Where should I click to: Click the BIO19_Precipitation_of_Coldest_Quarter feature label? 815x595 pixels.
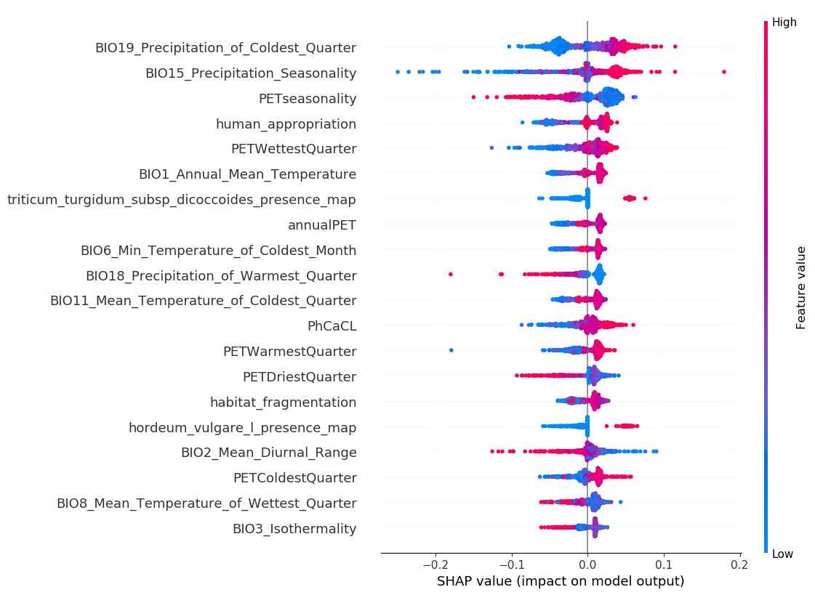[x=225, y=48]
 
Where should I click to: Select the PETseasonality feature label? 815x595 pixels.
[x=308, y=99]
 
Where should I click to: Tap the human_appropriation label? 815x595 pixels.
[x=286, y=124]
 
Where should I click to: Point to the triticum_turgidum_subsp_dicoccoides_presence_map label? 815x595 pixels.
[x=182, y=200]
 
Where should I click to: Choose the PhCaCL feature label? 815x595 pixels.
[x=332, y=326]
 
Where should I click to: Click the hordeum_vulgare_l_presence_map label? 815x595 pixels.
[x=242, y=427]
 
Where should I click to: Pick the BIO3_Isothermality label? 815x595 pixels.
[x=294, y=528]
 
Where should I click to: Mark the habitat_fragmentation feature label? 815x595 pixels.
[x=283, y=402]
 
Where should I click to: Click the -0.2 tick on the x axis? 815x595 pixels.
[x=435, y=564]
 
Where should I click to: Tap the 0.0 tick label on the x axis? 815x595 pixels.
[x=587, y=564]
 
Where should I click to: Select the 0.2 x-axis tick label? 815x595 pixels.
[x=739, y=564]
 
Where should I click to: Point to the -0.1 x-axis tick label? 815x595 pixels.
[x=511, y=564]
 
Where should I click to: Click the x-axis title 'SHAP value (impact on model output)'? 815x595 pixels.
[x=561, y=581]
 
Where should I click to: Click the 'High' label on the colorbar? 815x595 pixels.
[x=784, y=23]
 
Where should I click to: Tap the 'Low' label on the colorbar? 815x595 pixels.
[x=783, y=554]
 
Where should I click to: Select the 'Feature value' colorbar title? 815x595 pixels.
[x=801, y=288]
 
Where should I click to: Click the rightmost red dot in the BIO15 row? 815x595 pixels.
[x=724, y=72]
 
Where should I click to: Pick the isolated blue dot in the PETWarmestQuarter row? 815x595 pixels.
[x=451, y=350]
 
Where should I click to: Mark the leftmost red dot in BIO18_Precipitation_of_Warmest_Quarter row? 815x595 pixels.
[x=451, y=274]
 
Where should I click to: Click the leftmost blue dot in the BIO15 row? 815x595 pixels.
[x=398, y=71]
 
